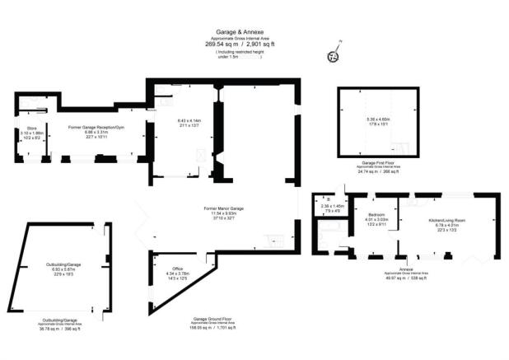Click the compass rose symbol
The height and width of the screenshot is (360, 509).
[x=334, y=55]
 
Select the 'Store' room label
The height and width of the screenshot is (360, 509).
[x=32, y=128]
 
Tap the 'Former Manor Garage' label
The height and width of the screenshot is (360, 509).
[x=222, y=211]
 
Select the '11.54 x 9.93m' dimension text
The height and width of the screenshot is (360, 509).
[x=222, y=216]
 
